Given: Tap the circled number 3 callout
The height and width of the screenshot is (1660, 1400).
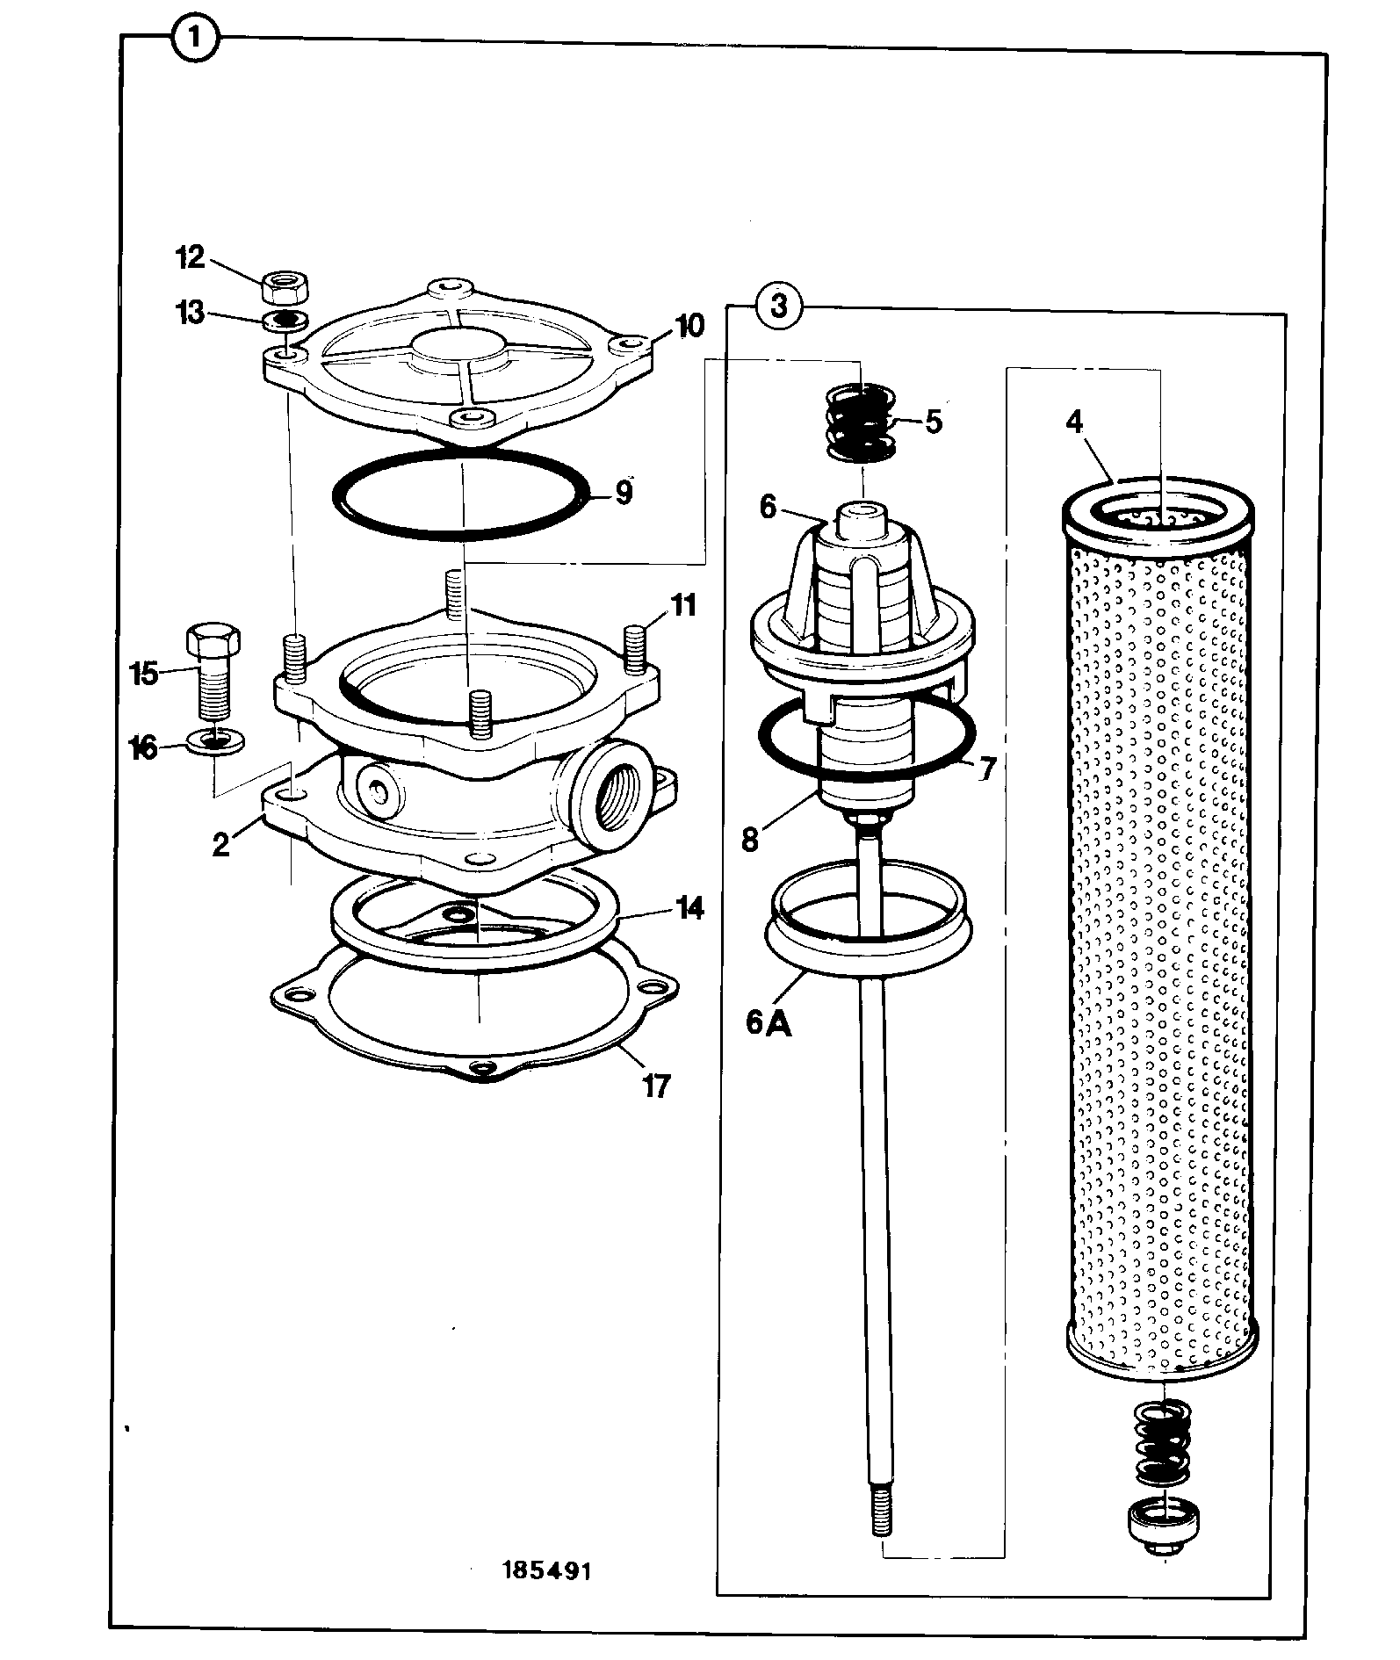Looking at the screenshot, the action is (776, 307).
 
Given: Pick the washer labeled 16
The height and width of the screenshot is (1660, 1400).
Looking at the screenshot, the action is (216, 740).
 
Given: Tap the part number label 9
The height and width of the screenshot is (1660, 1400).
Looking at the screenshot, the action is (623, 493).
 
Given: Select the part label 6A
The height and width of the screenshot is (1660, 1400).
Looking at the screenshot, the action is (769, 1023).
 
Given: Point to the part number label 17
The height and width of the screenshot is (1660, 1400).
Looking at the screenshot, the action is (656, 1086).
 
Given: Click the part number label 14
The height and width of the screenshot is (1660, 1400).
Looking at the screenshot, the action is (690, 908).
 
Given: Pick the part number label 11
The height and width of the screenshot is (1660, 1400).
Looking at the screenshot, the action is (683, 606).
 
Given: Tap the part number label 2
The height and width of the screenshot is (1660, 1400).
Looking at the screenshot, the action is (220, 844).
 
